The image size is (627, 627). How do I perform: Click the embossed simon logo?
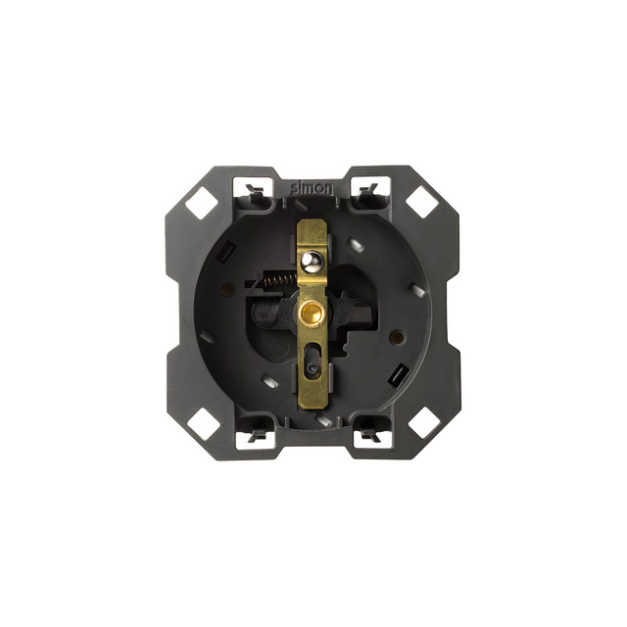312,188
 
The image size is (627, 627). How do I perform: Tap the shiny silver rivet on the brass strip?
311,261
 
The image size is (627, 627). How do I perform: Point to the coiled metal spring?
280,281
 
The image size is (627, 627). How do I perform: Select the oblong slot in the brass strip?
312,361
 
